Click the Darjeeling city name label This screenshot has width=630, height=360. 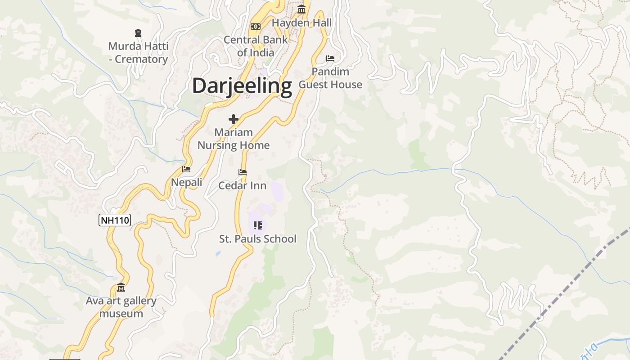[242, 85]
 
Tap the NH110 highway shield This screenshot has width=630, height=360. [115, 220]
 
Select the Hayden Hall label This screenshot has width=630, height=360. [301, 23]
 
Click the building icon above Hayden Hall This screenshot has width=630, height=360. [301, 9]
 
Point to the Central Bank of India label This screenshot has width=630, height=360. [256, 46]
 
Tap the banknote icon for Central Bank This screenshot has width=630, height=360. [256, 27]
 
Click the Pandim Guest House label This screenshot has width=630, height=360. [330, 78]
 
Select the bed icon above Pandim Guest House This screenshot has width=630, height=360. [330, 58]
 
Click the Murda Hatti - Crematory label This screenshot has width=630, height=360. [139, 53]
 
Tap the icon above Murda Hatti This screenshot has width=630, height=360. [138, 33]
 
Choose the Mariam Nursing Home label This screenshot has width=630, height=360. [234, 139]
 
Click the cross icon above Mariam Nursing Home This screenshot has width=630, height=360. [234, 119]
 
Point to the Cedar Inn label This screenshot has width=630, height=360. [242, 185]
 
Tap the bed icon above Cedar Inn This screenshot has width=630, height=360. [243, 172]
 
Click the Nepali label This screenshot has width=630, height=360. [186, 182]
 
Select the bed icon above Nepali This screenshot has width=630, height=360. [186, 169]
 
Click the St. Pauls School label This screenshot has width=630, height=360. [258, 239]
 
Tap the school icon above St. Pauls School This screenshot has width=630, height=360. [258, 225]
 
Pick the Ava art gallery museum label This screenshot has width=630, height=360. [121, 307]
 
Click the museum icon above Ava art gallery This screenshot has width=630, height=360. [121, 288]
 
